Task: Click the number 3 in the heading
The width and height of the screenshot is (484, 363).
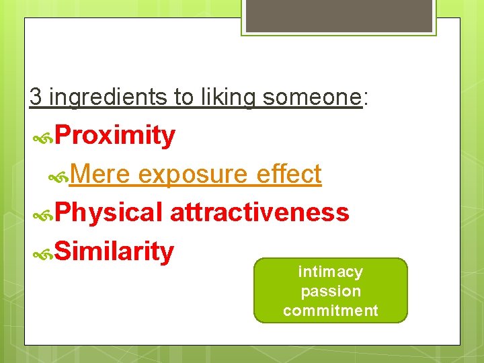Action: pos(36,97)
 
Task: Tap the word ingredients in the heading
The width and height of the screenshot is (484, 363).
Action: pos(108,97)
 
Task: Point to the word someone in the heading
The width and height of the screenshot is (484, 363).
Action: pos(312,97)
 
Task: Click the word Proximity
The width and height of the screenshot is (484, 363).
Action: pos(115,136)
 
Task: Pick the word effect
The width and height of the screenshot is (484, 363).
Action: pos(289,174)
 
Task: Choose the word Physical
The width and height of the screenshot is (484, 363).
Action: pos(108,212)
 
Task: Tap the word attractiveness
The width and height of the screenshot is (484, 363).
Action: pos(259,212)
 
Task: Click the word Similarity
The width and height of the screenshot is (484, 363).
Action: pos(114,251)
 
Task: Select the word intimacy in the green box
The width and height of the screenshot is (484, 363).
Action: pos(330,272)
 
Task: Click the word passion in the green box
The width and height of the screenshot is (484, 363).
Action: pos(331,291)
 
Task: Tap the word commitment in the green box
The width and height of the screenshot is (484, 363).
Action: pos(331,311)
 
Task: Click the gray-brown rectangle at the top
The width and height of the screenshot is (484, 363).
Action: pos(339,15)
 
